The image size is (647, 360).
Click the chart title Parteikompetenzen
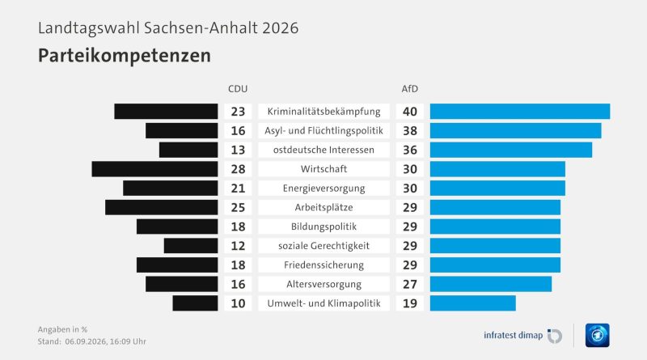(x=125, y=55)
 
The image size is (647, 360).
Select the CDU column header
(x=238, y=89)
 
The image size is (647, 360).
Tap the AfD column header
(x=410, y=89)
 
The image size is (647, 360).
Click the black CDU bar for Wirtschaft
(x=154, y=169)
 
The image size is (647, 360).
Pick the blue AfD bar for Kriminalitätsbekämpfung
(x=520, y=112)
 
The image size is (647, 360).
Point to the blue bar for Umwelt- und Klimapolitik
(x=473, y=303)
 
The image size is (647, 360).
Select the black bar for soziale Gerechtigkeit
(x=191, y=246)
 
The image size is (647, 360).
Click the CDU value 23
(x=238, y=112)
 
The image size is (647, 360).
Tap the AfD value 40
(x=410, y=112)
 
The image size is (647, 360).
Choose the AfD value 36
(x=410, y=150)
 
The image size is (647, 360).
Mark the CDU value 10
(x=238, y=303)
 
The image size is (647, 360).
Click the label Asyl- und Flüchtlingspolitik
(x=324, y=131)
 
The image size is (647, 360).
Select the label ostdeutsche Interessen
(x=324, y=150)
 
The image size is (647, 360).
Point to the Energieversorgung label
(x=324, y=188)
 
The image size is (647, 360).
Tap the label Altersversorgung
(x=324, y=285)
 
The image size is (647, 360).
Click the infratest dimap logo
(x=522, y=335)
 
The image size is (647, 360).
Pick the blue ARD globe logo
(x=597, y=335)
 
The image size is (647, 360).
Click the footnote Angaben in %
(x=62, y=329)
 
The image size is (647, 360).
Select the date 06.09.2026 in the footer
(x=86, y=341)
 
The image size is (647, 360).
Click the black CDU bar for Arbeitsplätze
(x=161, y=207)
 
